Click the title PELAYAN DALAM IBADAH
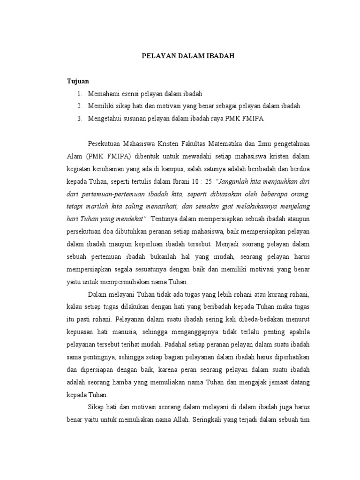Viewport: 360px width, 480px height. (188, 56)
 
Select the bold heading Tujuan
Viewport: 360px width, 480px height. (78, 81)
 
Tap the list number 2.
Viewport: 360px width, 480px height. (80, 106)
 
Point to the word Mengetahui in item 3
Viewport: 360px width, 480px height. (104, 119)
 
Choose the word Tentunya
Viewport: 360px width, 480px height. (167, 218)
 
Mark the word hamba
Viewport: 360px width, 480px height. (121, 382)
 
